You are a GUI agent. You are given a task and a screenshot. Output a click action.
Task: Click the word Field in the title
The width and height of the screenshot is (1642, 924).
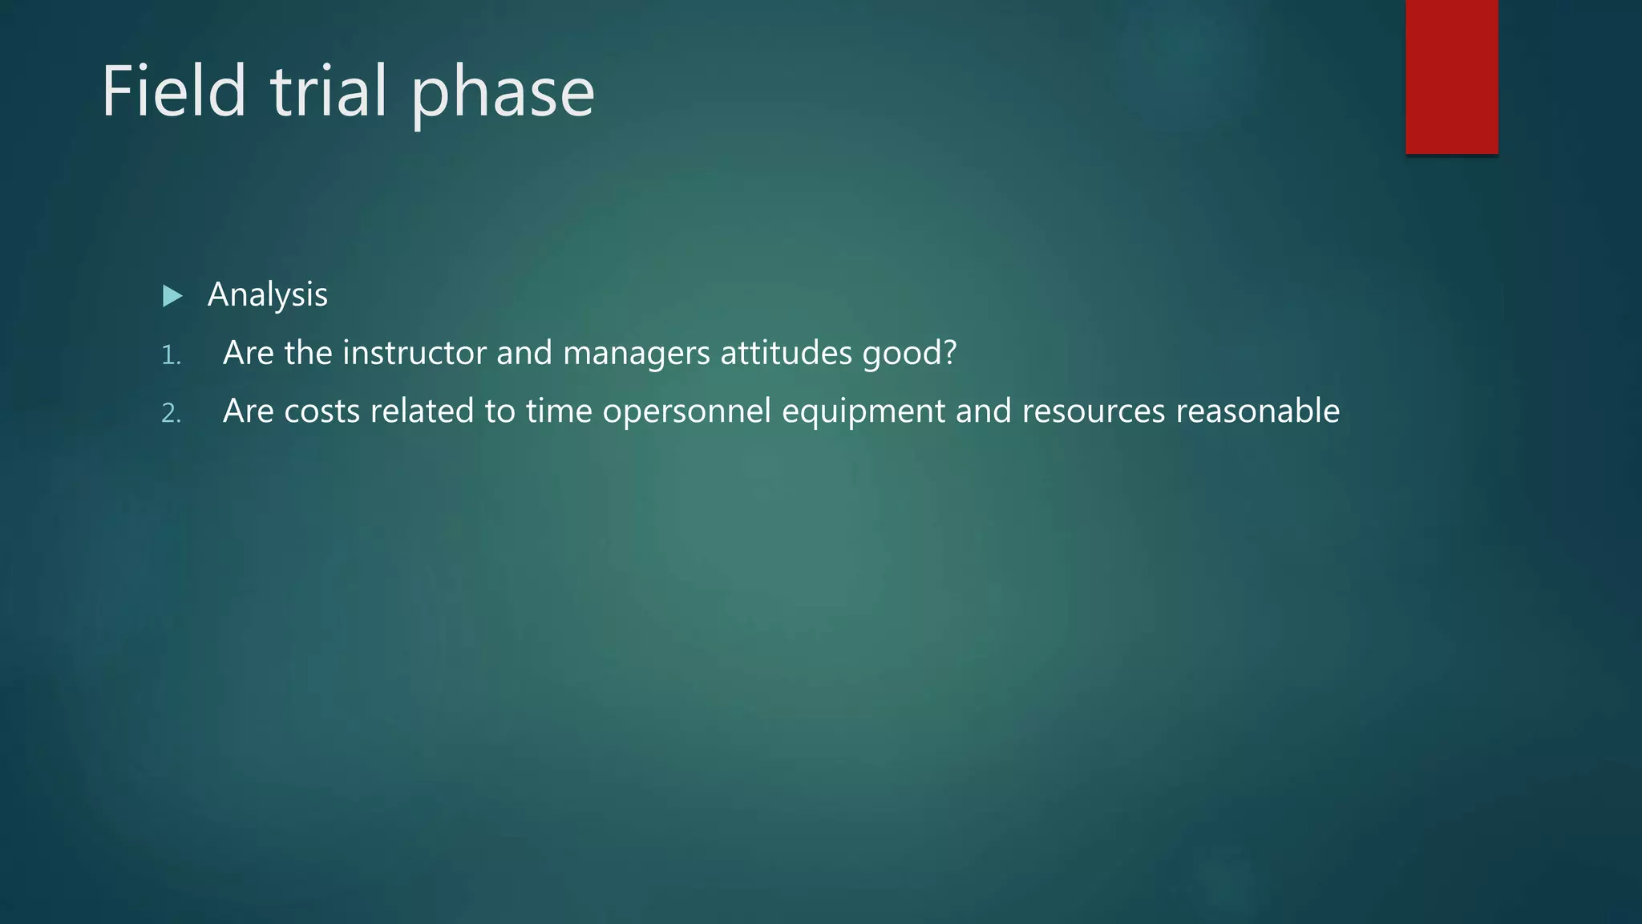click(173, 91)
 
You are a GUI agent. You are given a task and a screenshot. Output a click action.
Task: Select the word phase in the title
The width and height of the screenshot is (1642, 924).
click(503, 95)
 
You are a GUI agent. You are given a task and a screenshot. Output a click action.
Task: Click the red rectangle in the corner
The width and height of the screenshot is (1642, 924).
click(1451, 77)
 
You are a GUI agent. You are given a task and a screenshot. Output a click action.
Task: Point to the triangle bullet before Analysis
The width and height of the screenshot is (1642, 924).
click(172, 296)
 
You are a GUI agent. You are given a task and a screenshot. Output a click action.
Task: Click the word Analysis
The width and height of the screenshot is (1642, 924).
click(267, 295)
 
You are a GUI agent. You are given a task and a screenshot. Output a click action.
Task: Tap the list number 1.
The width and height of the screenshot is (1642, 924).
click(170, 355)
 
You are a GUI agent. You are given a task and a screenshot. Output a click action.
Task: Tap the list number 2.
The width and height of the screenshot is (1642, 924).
click(171, 413)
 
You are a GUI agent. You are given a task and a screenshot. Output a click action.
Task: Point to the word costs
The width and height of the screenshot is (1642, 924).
click(322, 411)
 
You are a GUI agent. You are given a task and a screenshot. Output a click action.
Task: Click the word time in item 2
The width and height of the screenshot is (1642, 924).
click(558, 411)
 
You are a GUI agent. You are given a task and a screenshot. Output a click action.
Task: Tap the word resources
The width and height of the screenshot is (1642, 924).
click(1093, 411)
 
